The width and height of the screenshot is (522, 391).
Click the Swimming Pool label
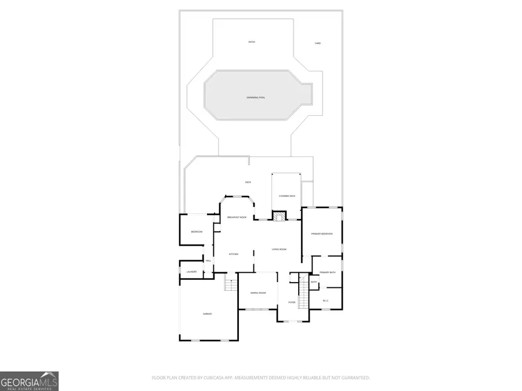pyautogui.click(x=256, y=97)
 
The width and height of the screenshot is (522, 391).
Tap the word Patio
pyautogui.click(x=252, y=42)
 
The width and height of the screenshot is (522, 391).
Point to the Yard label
pyautogui.click(x=317, y=43)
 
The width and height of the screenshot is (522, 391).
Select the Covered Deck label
pyautogui.click(x=287, y=196)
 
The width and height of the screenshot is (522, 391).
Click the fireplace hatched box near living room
pyautogui.click(x=279, y=217)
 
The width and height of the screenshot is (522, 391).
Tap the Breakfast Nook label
pyautogui.click(x=237, y=217)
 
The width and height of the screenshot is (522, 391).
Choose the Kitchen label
pyautogui.click(x=234, y=254)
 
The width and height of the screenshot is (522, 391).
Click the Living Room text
pyautogui.click(x=279, y=249)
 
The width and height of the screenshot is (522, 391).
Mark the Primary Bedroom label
pyautogui.click(x=322, y=233)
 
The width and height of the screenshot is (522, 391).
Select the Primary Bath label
pyautogui.click(x=328, y=272)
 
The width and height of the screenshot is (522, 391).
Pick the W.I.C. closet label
pyautogui.click(x=325, y=300)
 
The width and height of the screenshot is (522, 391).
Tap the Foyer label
pyautogui.click(x=292, y=302)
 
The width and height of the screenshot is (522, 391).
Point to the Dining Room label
pyautogui.click(x=258, y=293)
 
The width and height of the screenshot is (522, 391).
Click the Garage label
pyautogui.click(x=207, y=314)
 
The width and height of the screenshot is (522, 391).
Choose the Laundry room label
pyautogui.click(x=191, y=272)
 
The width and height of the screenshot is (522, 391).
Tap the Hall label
pyautogui.click(x=208, y=261)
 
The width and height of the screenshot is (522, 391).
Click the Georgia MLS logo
pyautogui.click(x=29, y=381)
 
